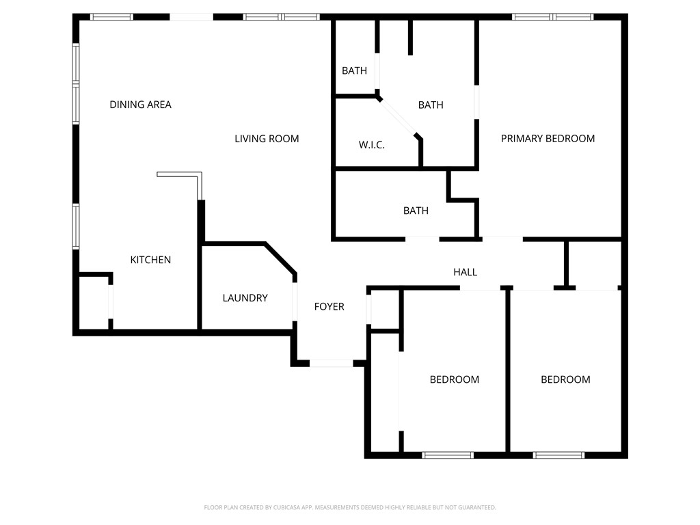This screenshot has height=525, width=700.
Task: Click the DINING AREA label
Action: click(x=140, y=105)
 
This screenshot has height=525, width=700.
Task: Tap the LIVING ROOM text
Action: click(x=267, y=139)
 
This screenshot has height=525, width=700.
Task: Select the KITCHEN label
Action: click(x=150, y=260)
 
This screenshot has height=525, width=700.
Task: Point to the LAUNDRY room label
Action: click(x=245, y=298)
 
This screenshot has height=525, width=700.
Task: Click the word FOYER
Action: click(x=329, y=307)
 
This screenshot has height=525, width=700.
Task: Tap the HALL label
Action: click(x=465, y=272)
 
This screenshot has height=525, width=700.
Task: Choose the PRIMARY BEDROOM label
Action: click(x=548, y=139)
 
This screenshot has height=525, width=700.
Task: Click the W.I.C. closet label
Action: click(x=371, y=145)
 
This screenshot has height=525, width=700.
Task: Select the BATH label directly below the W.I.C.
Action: click(x=416, y=211)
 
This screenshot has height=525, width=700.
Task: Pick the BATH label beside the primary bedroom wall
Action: click(x=431, y=105)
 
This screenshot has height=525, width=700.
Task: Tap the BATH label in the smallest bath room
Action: click(x=354, y=70)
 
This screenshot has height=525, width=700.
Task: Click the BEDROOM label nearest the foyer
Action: click(x=454, y=379)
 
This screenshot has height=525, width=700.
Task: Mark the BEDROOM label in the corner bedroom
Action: click(x=565, y=379)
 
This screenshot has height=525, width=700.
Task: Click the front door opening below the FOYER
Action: click(x=332, y=363)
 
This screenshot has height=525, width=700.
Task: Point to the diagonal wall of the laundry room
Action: click(x=281, y=258)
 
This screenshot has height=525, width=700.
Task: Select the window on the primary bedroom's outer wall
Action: click(x=552, y=16)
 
